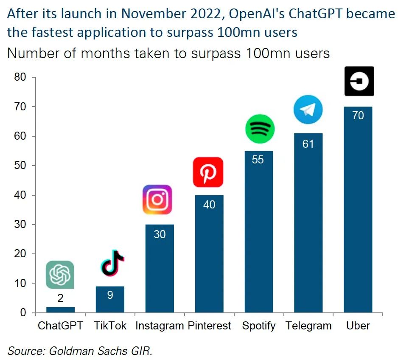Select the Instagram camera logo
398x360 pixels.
[157, 200]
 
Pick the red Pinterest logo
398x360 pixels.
[208, 172]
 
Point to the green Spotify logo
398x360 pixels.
[260, 129]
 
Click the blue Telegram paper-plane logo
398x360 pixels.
[308, 110]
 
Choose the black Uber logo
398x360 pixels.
[359, 81]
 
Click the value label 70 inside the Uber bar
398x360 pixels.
[358, 115]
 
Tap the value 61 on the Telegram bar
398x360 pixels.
[308, 144]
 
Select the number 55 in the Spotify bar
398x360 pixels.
[258, 160]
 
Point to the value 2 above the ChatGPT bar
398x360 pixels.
[61, 298]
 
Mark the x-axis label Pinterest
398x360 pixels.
[209, 326]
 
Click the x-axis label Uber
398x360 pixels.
[358, 326]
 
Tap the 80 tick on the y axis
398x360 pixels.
[20, 77]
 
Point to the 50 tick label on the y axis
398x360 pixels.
[20, 166]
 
